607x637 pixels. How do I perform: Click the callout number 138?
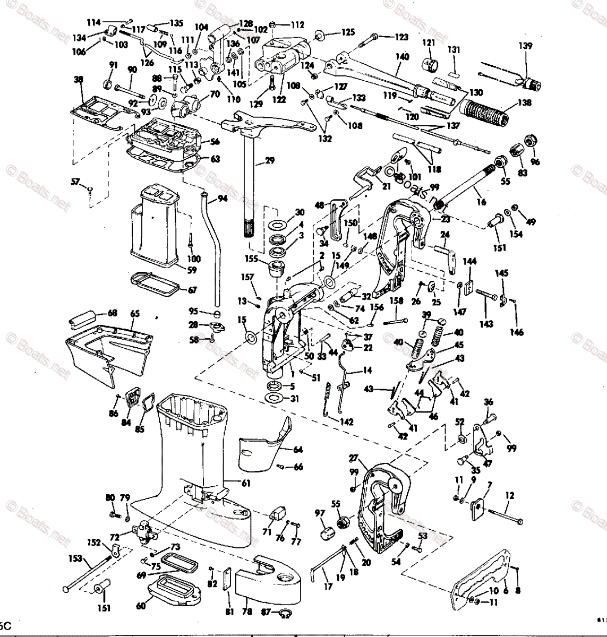click(x=525, y=102)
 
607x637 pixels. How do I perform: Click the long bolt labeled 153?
click(x=90, y=571)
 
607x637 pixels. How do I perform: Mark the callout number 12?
click(x=509, y=496)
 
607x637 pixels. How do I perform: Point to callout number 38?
click(x=79, y=80)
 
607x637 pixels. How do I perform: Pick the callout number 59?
click(x=192, y=270)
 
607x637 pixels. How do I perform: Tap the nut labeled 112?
click(x=272, y=24)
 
